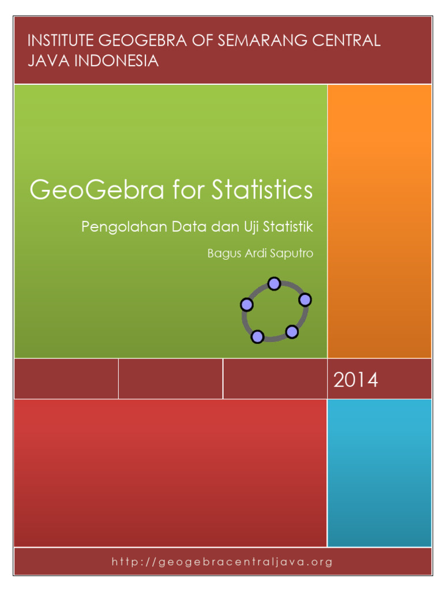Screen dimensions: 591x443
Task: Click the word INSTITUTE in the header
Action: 62,42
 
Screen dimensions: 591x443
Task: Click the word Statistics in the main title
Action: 262,190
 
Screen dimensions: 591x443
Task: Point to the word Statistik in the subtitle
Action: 288,227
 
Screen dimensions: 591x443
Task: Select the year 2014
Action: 355,380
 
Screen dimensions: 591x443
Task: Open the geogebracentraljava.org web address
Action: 222,562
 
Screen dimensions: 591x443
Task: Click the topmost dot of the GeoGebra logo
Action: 275,283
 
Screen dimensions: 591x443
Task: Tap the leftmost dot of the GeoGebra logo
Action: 247,304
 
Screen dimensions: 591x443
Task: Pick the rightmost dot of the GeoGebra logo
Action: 305,300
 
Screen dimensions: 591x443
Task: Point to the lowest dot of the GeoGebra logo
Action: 258,336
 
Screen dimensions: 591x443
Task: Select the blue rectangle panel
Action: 379,472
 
